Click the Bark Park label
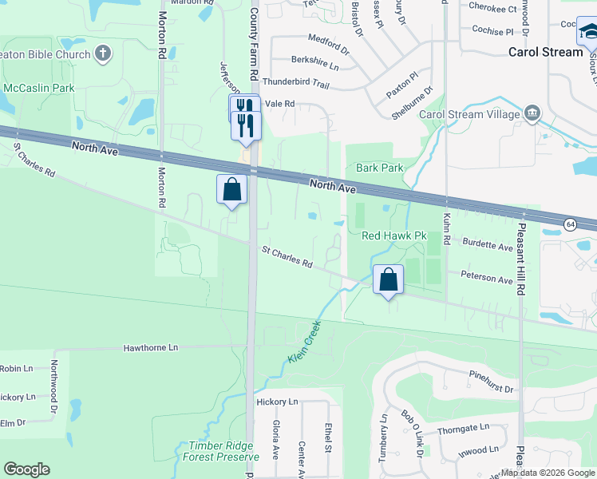coord(380,168)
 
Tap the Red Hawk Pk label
coord(395,236)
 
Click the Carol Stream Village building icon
coord(532,114)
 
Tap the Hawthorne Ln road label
coord(151,348)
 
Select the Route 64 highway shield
coord(571,224)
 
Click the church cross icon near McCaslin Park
coord(102,53)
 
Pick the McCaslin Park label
coord(38,87)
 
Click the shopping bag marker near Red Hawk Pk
coord(388,280)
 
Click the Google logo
coord(26,469)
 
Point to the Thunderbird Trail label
coord(295,83)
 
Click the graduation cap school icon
coord(589,32)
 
